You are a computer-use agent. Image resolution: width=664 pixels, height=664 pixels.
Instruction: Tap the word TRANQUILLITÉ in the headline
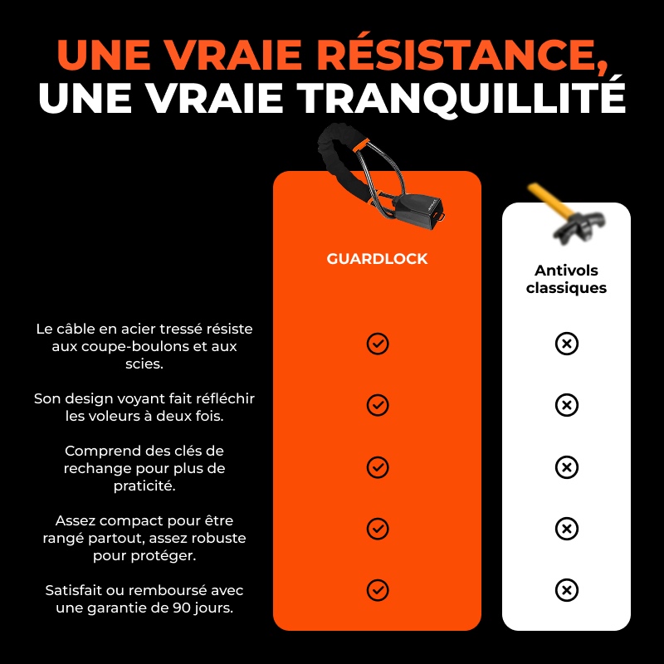461,98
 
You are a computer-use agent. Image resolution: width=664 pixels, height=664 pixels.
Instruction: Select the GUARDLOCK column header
377,259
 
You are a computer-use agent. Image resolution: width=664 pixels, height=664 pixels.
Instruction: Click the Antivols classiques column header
566,279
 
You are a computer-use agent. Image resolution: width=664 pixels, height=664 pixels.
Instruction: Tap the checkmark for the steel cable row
378,344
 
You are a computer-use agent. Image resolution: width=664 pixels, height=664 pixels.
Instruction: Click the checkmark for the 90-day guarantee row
378,590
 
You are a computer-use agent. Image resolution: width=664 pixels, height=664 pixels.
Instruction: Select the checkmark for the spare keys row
378,467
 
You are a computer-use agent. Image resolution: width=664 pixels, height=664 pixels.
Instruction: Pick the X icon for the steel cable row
567,344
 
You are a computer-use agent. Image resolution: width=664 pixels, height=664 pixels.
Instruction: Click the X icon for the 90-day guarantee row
567,590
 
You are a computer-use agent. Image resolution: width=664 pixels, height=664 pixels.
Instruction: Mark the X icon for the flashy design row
567,405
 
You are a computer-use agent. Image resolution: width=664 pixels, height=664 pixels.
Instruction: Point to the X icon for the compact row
567,529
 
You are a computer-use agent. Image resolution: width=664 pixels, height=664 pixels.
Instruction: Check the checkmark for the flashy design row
378,405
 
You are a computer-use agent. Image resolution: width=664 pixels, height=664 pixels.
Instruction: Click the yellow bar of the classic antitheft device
549,200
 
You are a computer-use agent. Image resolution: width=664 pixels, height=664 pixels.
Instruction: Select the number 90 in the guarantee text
180,608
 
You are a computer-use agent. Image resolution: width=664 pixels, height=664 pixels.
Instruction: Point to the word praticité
144,486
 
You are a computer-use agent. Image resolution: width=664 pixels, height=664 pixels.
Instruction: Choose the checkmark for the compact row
378,529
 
